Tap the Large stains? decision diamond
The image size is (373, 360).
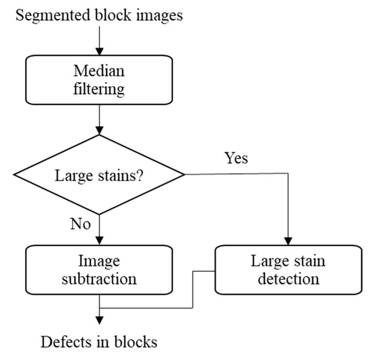pyautogui.click(x=100, y=174)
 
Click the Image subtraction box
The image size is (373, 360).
pyautogui.click(x=100, y=270)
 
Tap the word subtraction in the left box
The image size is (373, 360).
pyautogui.click(x=100, y=278)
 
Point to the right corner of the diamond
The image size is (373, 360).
pyautogui.click(x=184, y=174)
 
